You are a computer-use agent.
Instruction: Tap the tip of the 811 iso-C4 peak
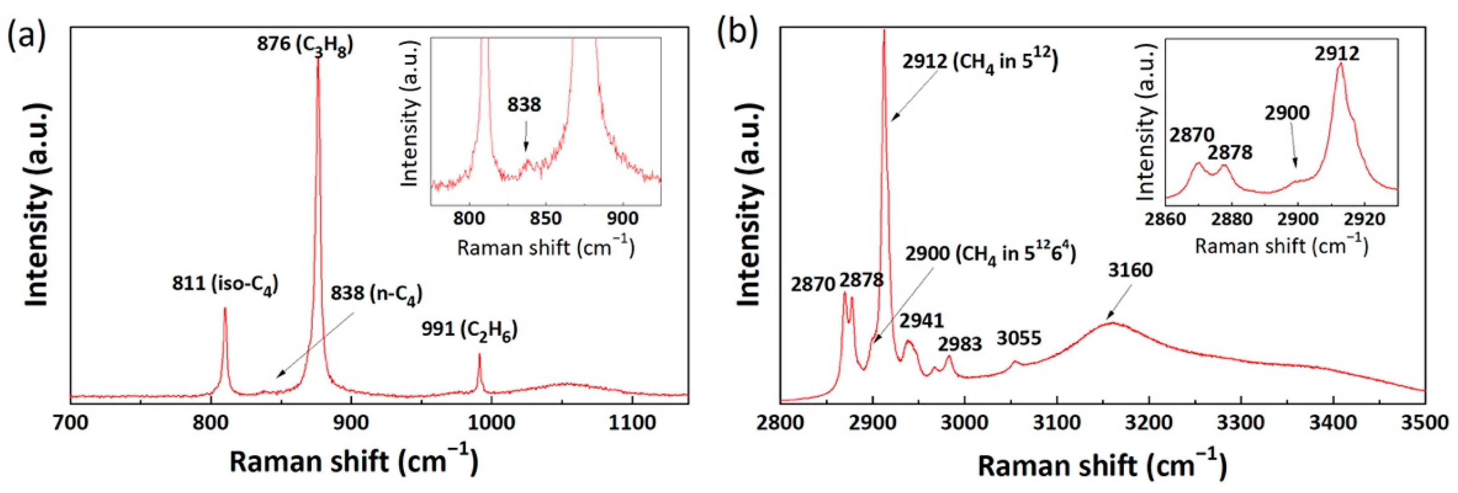225,309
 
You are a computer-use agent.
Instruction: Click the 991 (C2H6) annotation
469,330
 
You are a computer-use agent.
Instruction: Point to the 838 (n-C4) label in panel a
376,294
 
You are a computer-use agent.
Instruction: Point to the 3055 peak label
1019,338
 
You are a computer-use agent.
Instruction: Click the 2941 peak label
922,321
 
